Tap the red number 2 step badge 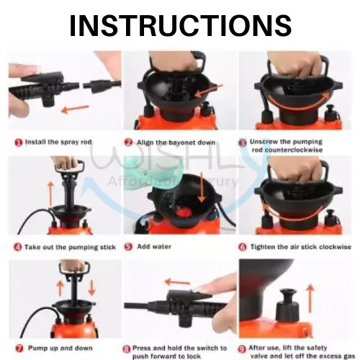click(x=128, y=142)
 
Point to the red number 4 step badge click(x=17, y=246)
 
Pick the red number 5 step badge click(x=128, y=246)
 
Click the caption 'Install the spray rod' click(x=58, y=142)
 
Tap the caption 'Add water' click(x=152, y=246)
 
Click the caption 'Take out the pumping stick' click(x=69, y=246)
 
